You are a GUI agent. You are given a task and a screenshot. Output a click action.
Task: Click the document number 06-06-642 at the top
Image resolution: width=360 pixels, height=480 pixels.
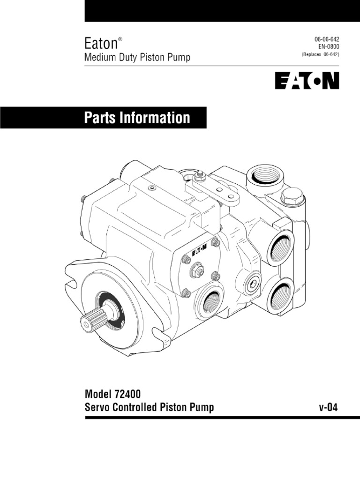pyautogui.click(x=324, y=40)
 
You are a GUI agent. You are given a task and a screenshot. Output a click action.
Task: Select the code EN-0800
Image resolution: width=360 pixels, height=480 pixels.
pyautogui.click(x=326, y=47)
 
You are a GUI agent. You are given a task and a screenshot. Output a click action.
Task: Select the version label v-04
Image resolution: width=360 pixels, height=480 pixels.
pyautogui.click(x=328, y=407)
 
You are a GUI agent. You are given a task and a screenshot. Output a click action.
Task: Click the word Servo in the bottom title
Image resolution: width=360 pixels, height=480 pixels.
pyautogui.click(x=96, y=407)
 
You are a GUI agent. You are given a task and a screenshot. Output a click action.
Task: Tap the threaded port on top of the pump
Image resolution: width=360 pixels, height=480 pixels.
pyautogui.click(x=267, y=176)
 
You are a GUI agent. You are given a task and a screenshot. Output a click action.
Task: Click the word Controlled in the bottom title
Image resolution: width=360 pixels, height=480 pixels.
pyautogui.click(x=133, y=407)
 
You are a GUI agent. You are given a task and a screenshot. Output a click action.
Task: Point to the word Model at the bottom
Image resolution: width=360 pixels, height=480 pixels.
pyautogui.click(x=97, y=394)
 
